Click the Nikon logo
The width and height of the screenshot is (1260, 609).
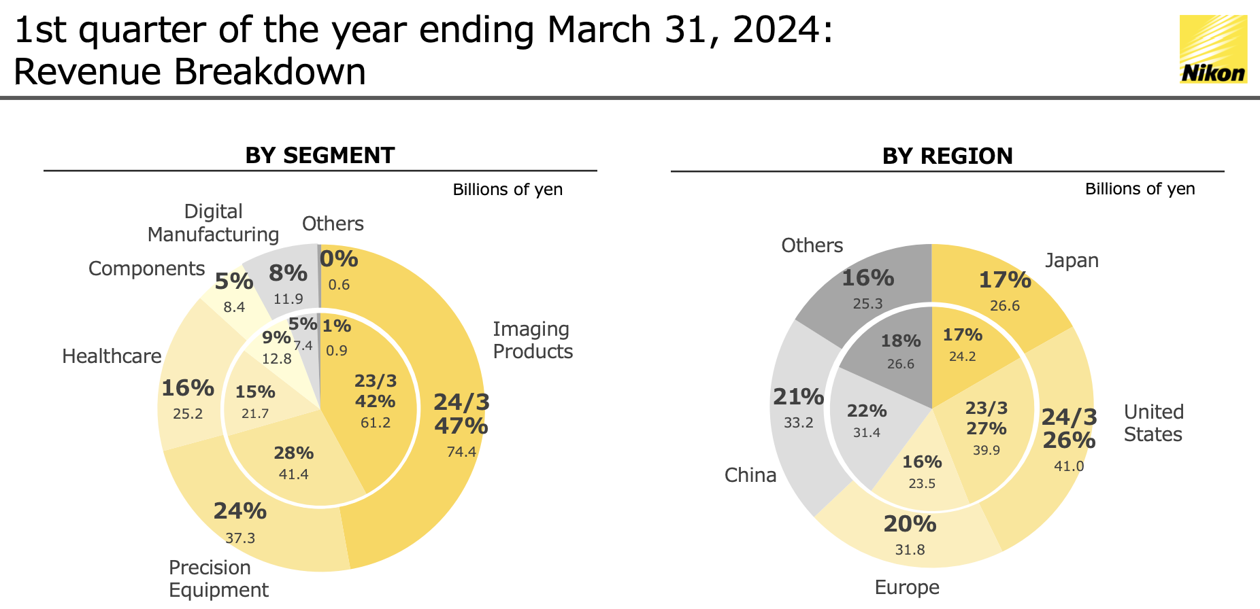1213,50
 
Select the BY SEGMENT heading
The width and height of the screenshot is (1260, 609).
320,156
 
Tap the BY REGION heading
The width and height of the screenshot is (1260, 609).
947,156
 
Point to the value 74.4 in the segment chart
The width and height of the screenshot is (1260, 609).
461,452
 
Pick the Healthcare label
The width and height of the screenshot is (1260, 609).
112,356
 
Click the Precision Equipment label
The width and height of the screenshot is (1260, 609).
218,578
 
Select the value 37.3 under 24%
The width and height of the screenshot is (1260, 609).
240,538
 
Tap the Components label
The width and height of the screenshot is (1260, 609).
146,268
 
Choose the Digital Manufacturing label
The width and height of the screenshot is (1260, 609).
213,223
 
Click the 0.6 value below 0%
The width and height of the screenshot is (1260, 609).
339,285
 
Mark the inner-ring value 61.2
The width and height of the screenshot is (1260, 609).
376,423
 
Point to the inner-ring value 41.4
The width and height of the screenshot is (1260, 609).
294,474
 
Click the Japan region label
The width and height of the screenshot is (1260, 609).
1072,260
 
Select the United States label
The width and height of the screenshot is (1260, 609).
1153,423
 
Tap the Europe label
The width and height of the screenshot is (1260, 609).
907,587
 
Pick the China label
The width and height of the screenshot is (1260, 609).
750,475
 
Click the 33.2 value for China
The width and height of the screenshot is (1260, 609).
798,423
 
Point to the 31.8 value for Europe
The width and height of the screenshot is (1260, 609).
910,550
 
